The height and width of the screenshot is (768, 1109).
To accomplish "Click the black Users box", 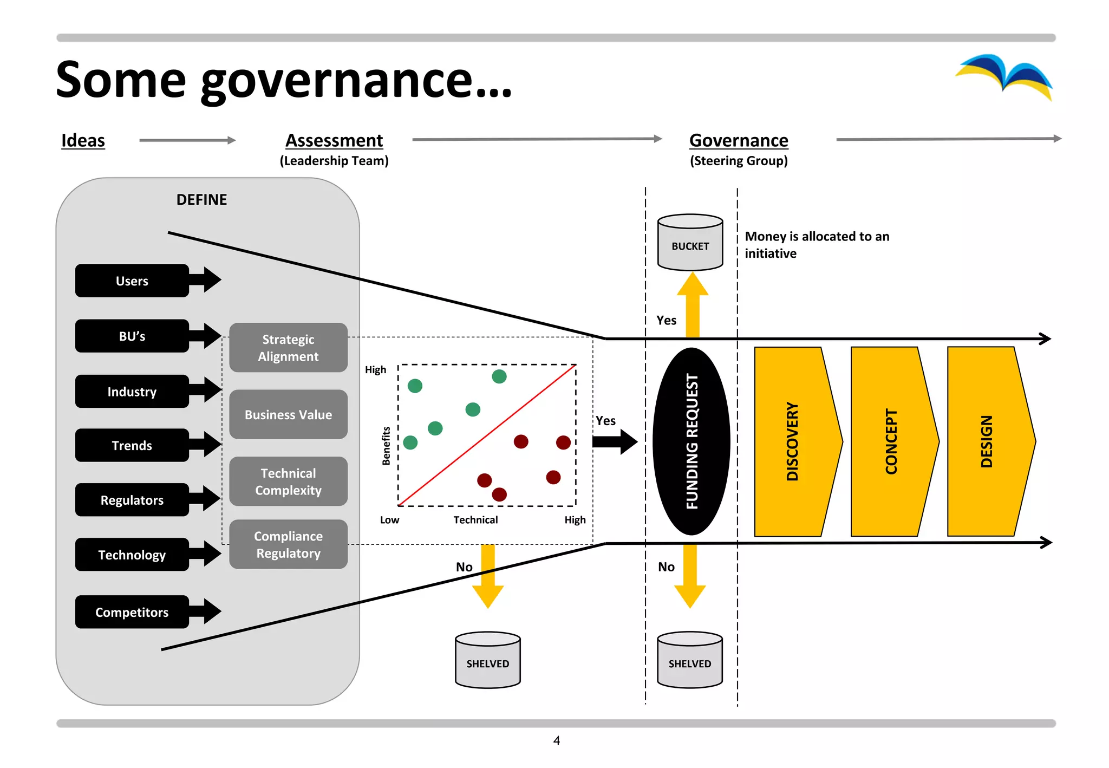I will tap(132, 281).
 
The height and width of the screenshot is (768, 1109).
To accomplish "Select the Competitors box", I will tap(132, 612).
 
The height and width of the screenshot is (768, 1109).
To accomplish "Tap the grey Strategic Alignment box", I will tap(288, 348).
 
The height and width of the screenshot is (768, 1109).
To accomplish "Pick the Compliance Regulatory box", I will tap(288, 544).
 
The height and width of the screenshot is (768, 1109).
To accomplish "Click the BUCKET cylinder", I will tap(690, 244).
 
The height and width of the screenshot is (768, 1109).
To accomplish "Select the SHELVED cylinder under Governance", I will tap(689, 661).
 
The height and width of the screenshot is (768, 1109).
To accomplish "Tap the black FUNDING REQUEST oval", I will tap(692, 441).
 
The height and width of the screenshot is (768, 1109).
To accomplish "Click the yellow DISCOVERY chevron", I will tap(794, 441).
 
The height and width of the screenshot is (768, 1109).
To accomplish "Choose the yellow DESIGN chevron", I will tap(987, 441).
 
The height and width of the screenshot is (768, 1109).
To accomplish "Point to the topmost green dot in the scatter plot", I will tap(499, 376).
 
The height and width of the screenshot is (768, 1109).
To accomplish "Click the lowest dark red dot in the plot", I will tap(499, 494).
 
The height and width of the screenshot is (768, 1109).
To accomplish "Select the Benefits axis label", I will tap(386, 445).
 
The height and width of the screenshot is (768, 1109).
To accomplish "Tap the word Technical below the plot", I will tap(475, 520).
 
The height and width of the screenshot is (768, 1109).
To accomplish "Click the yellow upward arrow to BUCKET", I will tap(693, 306).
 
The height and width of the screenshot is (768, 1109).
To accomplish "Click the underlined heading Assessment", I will tap(334, 140).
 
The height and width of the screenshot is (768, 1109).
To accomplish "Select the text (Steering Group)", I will tap(739, 161).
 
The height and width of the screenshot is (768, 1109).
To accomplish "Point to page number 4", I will tap(556, 740).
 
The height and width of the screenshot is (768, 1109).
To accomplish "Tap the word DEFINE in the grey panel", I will tap(201, 200).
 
